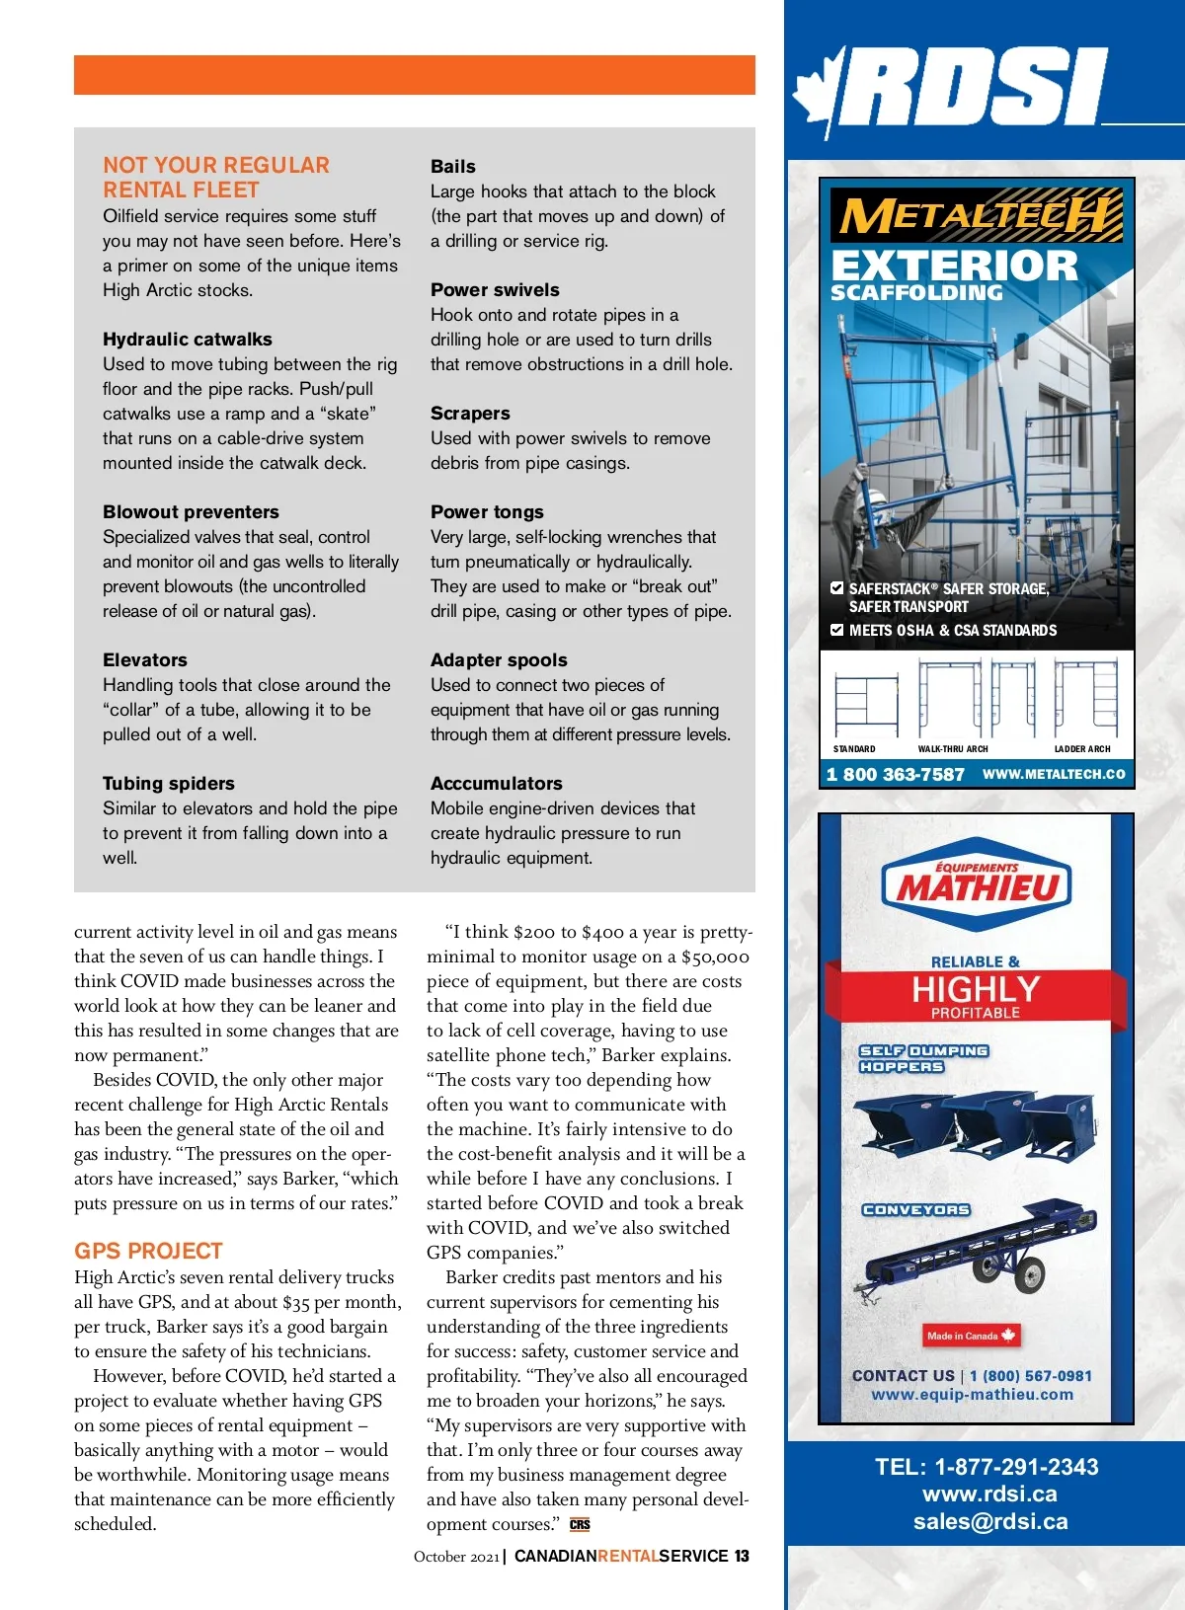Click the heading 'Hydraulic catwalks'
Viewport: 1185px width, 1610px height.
[x=188, y=340]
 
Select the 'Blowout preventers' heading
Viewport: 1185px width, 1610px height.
[x=191, y=512]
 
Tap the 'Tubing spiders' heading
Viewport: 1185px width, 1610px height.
[x=169, y=784]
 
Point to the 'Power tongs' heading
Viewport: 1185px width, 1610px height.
[x=487, y=512]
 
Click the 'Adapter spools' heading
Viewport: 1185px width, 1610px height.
[x=499, y=660]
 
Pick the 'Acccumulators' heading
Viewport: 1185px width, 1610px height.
[x=496, y=784]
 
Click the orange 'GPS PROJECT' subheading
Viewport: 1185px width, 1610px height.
[x=148, y=1251]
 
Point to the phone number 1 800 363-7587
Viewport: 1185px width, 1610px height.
[x=895, y=775]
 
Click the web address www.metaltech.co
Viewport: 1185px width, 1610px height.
[x=1054, y=775]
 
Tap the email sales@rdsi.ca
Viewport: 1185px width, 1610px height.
[x=989, y=1521]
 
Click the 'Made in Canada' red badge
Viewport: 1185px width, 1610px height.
[x=971, y=1336]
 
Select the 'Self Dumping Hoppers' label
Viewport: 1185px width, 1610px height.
[x=923, y=1058]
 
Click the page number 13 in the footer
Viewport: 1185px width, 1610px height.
[x=742, y=1556]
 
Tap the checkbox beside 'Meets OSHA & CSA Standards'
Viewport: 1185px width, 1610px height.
[x=837, y=630]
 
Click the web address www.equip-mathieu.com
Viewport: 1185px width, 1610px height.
[x=972, y=1395]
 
